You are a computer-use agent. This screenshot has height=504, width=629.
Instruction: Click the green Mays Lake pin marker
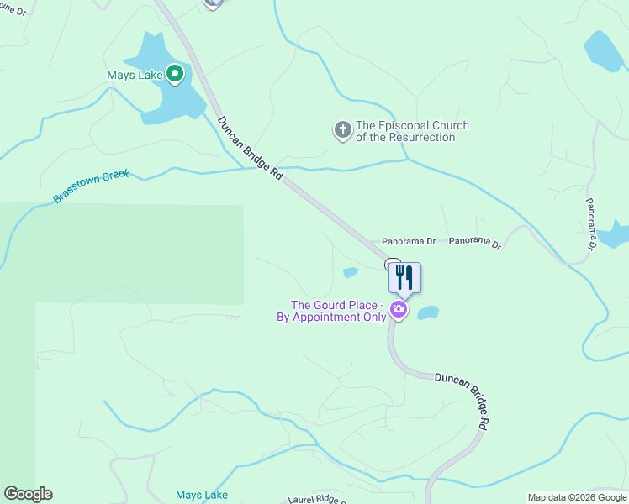(175, 75)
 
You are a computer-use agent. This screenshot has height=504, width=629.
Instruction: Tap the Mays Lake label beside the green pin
(134, 76)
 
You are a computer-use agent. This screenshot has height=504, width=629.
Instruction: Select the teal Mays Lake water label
(201, 496)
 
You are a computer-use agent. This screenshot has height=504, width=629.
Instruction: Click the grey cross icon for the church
(342, 130)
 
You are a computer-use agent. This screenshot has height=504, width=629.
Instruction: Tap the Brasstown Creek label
(91, 186)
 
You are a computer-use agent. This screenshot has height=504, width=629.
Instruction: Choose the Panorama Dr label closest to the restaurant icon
(409, 242)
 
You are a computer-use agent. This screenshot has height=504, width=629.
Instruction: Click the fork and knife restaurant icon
(404, 278)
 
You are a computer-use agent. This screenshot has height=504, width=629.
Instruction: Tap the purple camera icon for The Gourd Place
(399, 311)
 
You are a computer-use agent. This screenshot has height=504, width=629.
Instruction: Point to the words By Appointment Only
(331, 318)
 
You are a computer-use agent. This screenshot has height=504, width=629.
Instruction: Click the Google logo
(29, 494)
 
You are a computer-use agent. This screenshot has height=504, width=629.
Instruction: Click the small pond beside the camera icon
(428, 312)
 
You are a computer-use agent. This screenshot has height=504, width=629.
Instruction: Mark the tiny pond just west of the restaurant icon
(351, 272)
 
